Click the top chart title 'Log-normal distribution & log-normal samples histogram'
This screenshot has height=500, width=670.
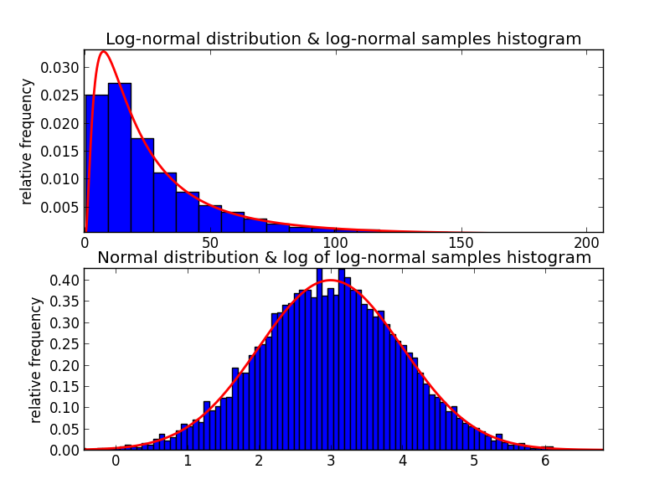pos(343,39)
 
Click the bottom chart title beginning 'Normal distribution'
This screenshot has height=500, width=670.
pos(344,258)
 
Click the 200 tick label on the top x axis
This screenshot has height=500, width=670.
pos(587,244)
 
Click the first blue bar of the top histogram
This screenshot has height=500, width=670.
pos(96,163)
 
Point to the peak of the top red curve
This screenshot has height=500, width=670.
pos(103,52)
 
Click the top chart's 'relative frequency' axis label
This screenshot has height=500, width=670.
pos(27,141)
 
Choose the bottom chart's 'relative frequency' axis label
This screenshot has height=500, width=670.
pos(36,359)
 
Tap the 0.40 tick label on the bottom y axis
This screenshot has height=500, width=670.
pos(66,280)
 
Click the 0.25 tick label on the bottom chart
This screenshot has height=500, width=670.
pos(66,344)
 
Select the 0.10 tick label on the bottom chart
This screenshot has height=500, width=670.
pos(66,408)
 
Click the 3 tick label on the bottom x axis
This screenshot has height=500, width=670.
pos(331,461)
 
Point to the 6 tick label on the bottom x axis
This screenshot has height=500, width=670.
pos(545,461)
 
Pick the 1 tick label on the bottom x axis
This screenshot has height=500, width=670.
pos(188,461)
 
